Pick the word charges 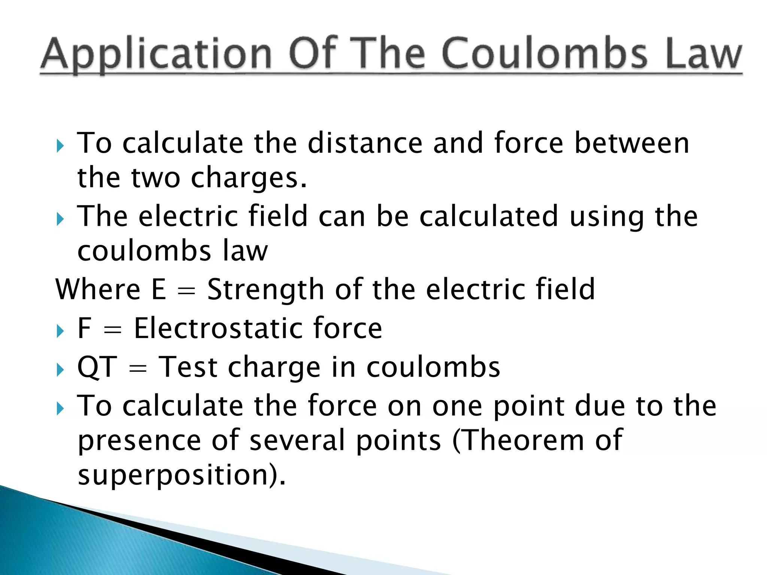[x=249, y=178]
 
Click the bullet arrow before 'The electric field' [x=60, y=219]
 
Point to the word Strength [x=266, y=290]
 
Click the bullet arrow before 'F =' [x=60, y=331]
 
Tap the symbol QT [x=97, y=368]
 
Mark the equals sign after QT [x=137, y=369]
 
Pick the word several [x=297, y=440]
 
